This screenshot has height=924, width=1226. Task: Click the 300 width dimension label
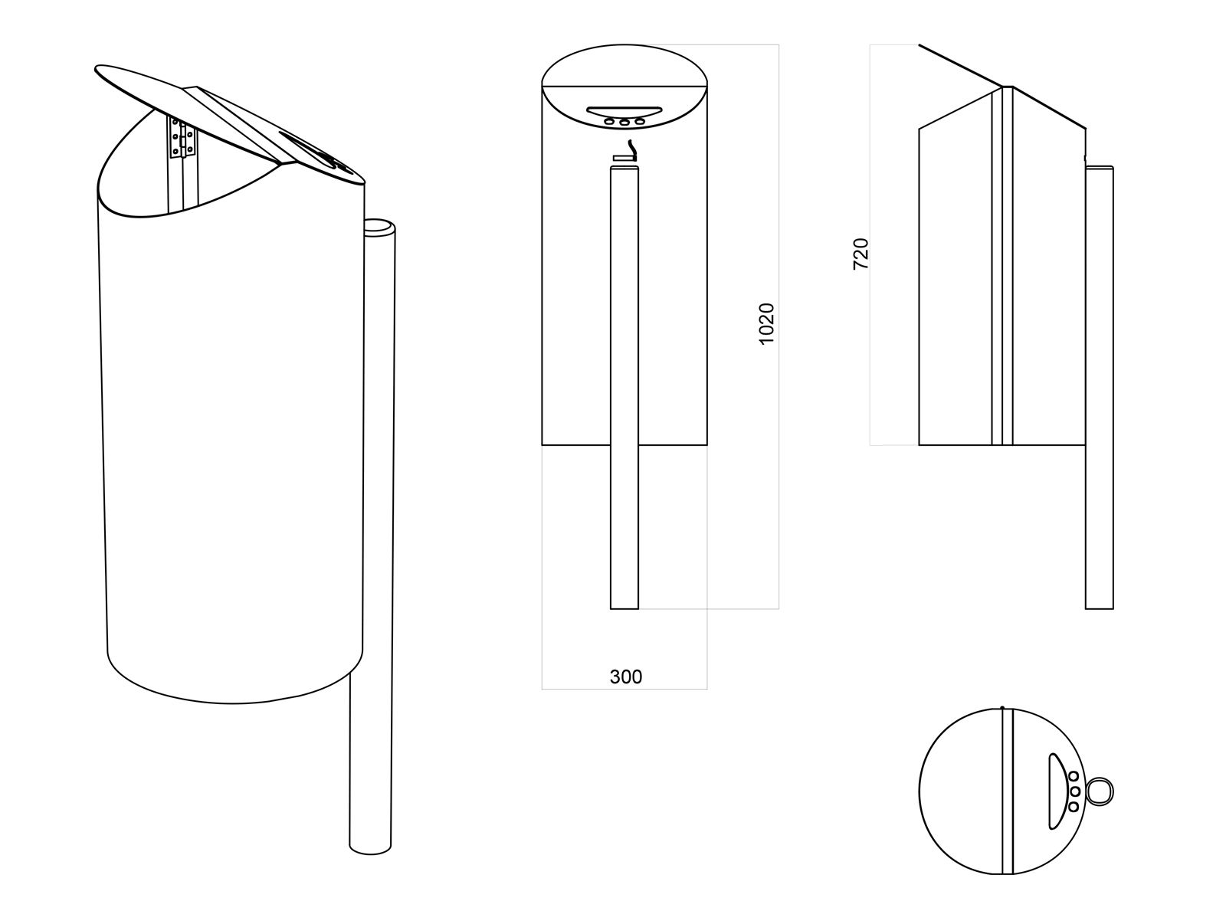(626, 677)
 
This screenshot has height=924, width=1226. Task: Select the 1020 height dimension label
(767, 323)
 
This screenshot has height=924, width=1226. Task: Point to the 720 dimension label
(860, 254)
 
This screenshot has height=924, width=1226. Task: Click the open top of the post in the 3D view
(379, 228)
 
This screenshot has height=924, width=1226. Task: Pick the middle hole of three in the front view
(624, 121)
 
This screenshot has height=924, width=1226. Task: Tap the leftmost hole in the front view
(609, 121)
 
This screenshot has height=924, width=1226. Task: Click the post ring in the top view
(1100, 791)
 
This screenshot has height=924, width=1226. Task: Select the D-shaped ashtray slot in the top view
(1056, 791)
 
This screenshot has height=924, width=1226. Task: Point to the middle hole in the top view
(1074, 791)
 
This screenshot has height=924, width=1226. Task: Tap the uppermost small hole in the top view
(1074, 777)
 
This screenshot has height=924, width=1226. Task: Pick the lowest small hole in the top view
(1074, 806)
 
